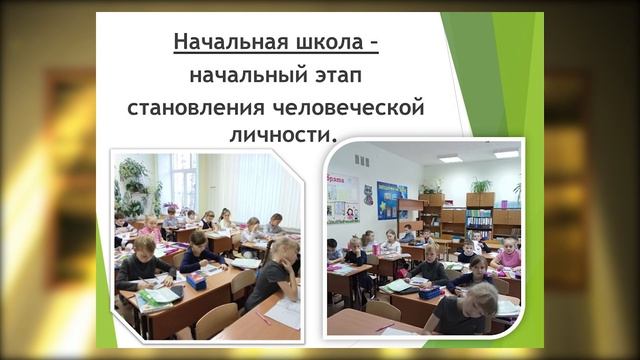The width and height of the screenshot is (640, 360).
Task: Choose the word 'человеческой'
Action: pyautogui.click(x=342, y=106)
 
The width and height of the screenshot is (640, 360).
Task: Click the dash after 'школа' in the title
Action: pyautogui.click(x=372, y=44)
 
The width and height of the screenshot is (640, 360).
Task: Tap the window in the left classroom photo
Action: pyautogui.click(x=184, y=180)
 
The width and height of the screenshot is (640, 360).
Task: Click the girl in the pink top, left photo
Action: pyautogui.click(x=151, y=229)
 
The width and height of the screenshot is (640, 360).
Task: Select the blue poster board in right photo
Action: pyautogui.click(x=390, y=199)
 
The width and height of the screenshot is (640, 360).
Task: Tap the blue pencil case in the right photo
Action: pyautogui.click(x=429, y=292)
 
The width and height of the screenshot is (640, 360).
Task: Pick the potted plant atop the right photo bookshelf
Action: pyautogui.click(x=481, y=185)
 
